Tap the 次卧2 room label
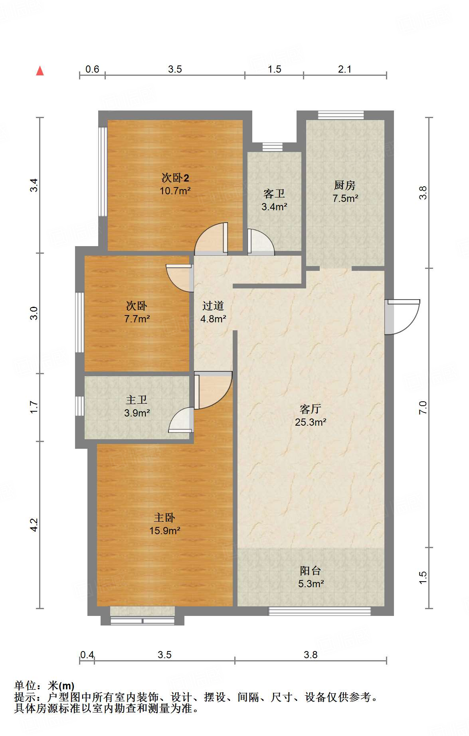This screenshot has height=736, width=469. coord(175,178)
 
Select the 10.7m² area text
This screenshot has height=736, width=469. coord(175,191)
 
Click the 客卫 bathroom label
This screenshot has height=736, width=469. coord(274,194)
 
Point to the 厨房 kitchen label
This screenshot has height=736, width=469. coord(345,185)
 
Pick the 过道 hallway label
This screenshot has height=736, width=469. coord(213,306)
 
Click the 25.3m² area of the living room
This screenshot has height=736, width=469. coord(311,422)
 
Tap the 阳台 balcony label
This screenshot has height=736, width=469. coord(311,571)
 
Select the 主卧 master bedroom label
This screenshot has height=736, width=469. coord(164,518)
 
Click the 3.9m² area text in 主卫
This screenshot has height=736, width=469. coord(137,413)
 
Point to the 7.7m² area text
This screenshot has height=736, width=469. coord(137,319)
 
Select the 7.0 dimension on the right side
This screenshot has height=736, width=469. coord(423,408)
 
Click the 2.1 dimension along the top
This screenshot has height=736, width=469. coord(345,69)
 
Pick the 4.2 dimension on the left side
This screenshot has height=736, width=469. coord(34,525)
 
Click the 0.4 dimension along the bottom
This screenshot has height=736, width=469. coord(87,655)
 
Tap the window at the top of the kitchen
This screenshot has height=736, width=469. coord(341,115)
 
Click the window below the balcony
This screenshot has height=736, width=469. coord(320,611)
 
